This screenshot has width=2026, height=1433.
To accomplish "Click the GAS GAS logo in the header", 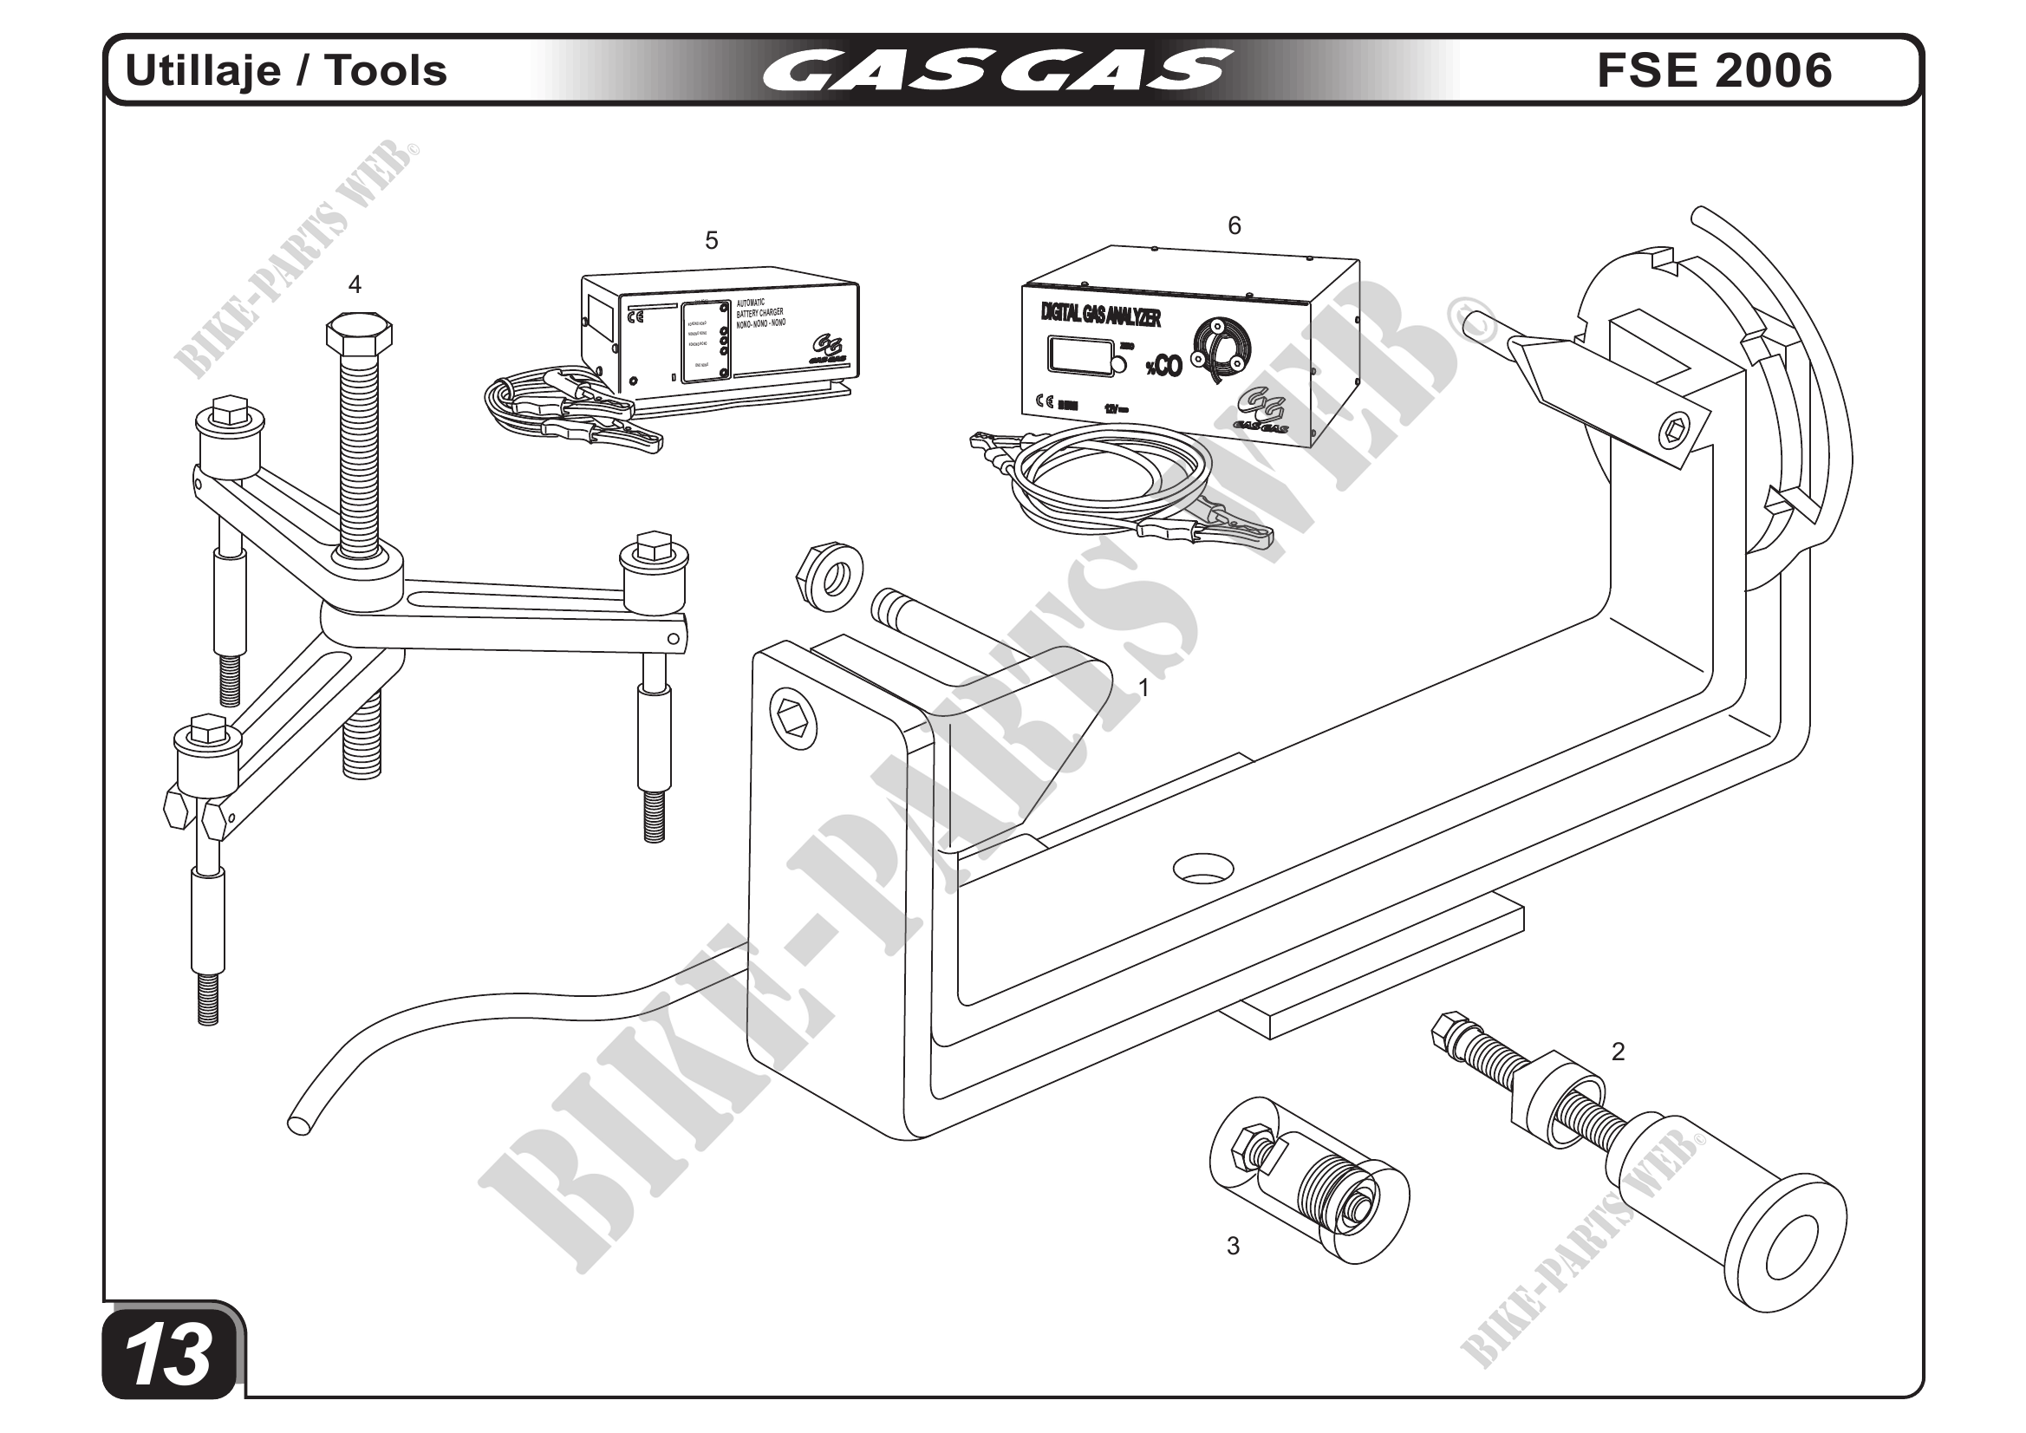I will [996, 69].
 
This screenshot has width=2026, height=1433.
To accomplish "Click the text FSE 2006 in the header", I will [1714, 70].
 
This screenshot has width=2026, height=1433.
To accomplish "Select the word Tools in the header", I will [387, 70].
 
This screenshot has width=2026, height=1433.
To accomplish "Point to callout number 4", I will [355, 284].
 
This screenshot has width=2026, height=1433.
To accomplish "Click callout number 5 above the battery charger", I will [711, 240].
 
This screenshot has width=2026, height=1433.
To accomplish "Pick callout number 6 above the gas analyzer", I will [1234, 226].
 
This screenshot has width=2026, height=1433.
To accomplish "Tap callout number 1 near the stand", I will [1143, 687].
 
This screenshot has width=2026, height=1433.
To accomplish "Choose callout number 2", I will [1618, 1052].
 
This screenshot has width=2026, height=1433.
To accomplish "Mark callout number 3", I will [1233, 1246].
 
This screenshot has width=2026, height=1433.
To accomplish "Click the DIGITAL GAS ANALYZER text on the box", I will [1100, 312].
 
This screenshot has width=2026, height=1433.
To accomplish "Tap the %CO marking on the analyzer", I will [1163, 366].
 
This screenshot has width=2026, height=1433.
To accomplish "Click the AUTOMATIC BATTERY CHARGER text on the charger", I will [759, 313].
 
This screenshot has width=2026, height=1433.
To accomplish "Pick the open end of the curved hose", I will [299, 1125].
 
